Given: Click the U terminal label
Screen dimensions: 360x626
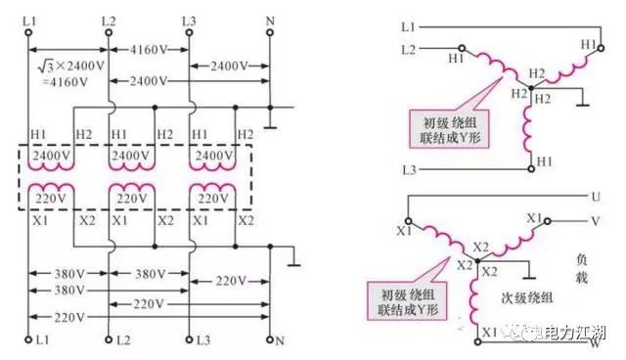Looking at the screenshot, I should click(x=594, y=197).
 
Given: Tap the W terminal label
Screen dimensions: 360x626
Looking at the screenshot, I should click(x=594, y=341).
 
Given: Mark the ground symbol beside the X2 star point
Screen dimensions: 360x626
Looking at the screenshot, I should click(x=529, y=273).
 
